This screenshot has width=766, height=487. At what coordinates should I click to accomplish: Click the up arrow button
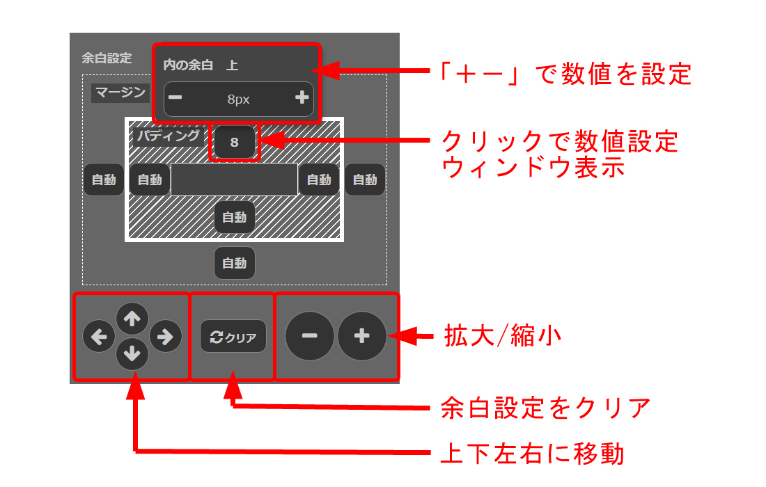(132, 319)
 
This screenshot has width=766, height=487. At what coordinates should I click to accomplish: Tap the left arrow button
(99, 336)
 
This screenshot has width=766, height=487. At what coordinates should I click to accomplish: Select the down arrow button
(132, 353)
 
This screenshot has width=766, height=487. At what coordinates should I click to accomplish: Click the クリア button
(233, 336)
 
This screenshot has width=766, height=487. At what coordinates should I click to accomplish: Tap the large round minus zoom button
(309, 336)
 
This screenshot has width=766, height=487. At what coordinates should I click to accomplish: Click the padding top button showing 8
(235, 142)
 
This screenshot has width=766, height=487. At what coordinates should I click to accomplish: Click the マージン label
(120, 93)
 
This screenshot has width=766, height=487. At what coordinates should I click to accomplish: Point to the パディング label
(168, 135)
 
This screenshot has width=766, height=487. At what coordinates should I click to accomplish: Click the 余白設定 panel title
(107, 58)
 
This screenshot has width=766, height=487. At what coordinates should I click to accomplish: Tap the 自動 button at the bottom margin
(235, 263)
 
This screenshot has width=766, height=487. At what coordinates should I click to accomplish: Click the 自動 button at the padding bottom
(235, 217)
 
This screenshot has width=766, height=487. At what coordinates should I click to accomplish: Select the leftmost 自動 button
(104, 179)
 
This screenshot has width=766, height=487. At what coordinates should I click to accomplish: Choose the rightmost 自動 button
(365, 179)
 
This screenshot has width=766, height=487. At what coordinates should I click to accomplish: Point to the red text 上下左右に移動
(533, 454)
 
